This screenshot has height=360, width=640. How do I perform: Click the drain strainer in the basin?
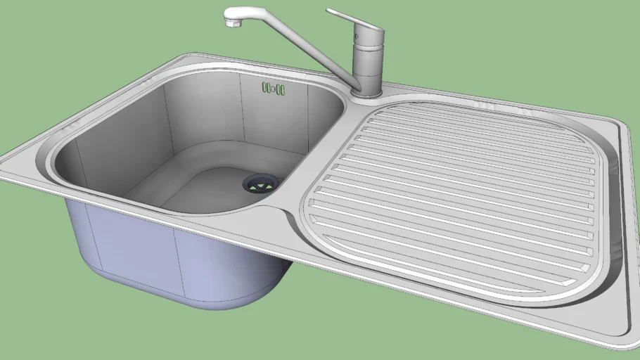point(261,184)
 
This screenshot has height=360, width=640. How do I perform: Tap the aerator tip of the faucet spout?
point(232,23)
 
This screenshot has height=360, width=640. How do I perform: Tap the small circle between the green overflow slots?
point(273,89)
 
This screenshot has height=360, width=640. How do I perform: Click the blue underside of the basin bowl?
point(176,260)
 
